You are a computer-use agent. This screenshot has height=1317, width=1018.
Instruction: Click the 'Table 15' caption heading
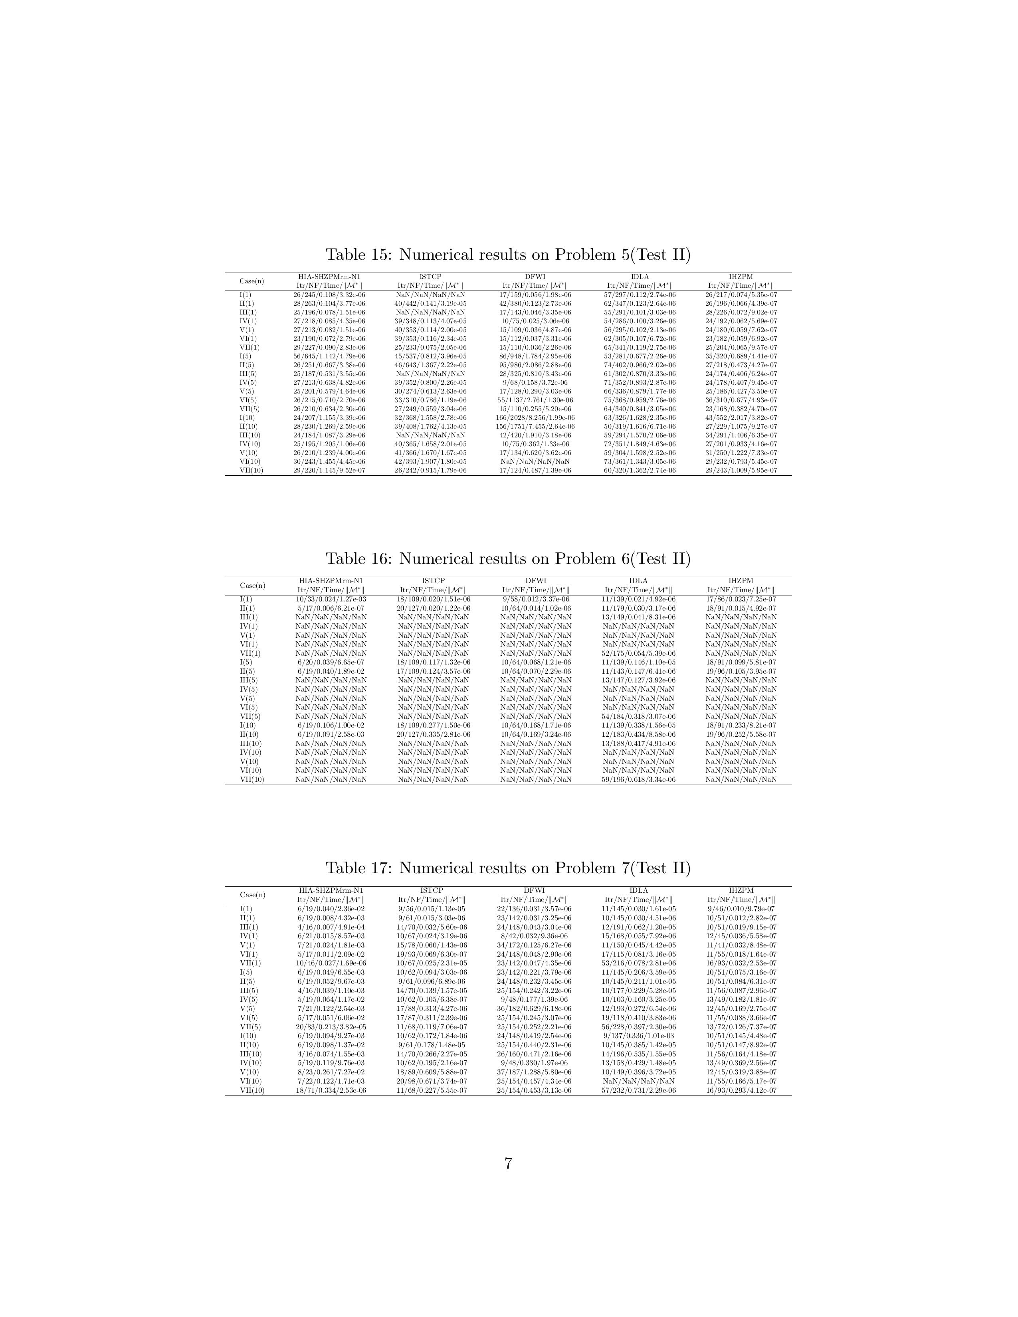click(x=508, y=255)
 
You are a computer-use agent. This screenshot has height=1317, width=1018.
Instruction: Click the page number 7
click(x=508, y=1163)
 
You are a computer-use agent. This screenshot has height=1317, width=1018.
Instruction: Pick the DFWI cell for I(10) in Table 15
click(x=535, y=417)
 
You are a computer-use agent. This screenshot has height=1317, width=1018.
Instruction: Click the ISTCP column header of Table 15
click(x=431, y=277)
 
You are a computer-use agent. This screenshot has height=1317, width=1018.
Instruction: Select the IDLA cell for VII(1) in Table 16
click(x=638, y=653)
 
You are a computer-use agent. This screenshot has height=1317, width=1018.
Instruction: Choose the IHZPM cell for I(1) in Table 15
click(x=741, y=295)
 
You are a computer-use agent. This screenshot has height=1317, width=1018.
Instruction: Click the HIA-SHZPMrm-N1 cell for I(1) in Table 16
click(x=331, y=599)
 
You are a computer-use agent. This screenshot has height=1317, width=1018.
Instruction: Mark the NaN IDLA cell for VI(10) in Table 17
click(x=638, y=1081)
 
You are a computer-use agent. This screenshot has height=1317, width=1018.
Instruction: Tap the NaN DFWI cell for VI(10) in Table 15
click(x=535, y=461)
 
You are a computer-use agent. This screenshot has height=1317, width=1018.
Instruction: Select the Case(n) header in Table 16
click(x=252, y=585)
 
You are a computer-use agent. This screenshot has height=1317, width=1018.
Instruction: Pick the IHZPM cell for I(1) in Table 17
click(x=741, y=909)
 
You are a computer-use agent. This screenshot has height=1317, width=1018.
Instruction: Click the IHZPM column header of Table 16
click(x=741, y=581)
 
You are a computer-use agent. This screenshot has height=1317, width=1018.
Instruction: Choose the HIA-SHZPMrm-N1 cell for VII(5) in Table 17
click(x=331, y=1026)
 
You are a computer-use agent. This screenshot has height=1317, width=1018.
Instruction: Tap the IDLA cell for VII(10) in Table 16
click(x=638, y=779)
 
